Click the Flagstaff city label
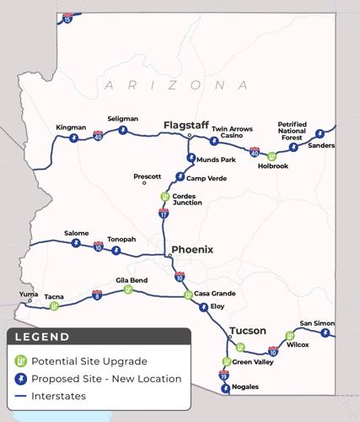click(x=186, y=126)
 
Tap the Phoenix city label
click(x=191, y=250)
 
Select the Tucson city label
click(x=248, y=331)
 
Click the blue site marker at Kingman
click(x=73, y=138)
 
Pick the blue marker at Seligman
click(x=123, y=131)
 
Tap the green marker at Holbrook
click(x=271, y=156)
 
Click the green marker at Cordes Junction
click(x=165, y=197)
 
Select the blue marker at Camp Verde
click(x=179, y=178)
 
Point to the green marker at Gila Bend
click(x=127, y=290)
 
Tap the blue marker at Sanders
click(x=294, y=146)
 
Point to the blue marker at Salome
click(x=76, y=243)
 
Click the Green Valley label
click(x=253, y=362)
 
